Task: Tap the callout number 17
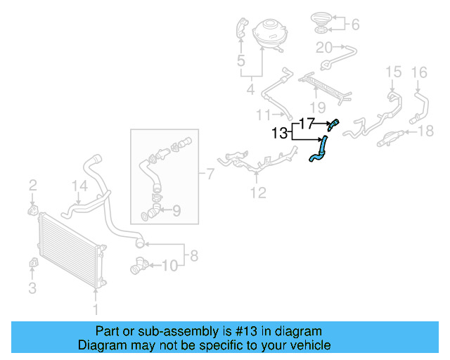coord(306,123)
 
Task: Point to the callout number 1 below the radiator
coord(96,308)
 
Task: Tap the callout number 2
coord(32,186)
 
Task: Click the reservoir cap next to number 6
coord(321,23)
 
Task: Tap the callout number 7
coord(210,172)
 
